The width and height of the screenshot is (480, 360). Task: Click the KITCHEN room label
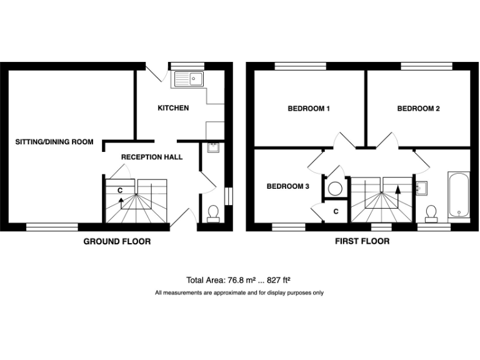173,108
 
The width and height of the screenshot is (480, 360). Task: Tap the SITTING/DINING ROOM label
54,142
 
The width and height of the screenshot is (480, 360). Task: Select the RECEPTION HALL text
152,157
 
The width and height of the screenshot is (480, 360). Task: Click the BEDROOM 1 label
309,109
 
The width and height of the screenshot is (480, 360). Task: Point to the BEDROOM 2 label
419,109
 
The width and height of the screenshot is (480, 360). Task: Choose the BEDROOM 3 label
288,186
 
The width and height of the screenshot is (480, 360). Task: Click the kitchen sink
189,79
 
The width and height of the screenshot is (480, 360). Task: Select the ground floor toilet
213,214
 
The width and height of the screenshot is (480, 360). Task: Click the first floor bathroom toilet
431,214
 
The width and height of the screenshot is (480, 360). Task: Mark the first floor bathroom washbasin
421,187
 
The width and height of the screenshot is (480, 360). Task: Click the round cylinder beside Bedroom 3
334,186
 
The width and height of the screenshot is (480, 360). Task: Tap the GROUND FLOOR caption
117,241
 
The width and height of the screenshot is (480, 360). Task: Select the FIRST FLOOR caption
362,241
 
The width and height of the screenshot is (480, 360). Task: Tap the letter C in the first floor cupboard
336,211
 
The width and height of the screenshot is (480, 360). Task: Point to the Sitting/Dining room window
52,226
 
